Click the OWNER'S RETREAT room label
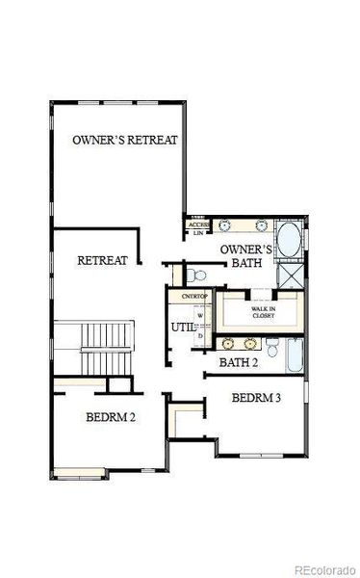(x=125, y=140)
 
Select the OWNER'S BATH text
(x=246, y=257)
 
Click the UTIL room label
(x=183, y=328)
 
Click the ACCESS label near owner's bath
(x=199, y=224)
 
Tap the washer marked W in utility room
(x=199, y=314)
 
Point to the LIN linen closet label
(x=198, y=233)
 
